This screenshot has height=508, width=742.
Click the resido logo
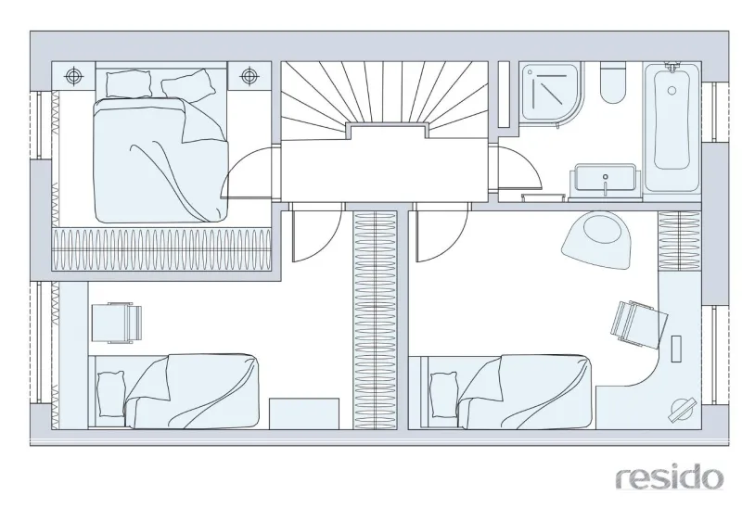coord(670,477)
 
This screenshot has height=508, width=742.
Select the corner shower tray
coord(552,95)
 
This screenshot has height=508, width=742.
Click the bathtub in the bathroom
coord(672,127)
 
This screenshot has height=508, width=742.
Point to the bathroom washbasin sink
coord(605,181)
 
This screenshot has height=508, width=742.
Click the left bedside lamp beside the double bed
coord(73,76)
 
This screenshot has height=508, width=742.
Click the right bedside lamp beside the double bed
coord(249,76)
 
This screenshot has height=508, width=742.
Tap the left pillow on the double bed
coord(129,83)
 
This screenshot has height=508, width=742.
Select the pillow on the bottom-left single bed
coord(110,395)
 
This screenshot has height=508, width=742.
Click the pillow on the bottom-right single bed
coord(445,395)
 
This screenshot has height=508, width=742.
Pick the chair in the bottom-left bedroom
coord(117,323)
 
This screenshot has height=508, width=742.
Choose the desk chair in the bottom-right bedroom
coord(637,320)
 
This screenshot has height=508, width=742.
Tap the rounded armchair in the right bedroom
coord(597,240)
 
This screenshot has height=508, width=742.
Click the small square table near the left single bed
coord(304,413)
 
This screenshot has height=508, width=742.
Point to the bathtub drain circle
coord(672,90)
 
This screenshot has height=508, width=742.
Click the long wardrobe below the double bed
coord(161,248)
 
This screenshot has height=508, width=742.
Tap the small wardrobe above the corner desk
coord(680,241)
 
